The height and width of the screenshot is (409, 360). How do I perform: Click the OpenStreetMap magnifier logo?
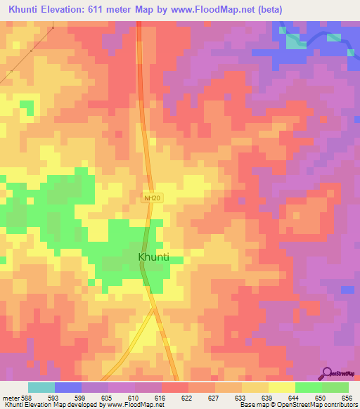click(x=328, y=372)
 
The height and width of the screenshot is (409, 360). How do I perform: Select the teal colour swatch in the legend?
click(x=41, y=387)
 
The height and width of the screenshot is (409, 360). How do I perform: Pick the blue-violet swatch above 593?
click(x=68, y=387)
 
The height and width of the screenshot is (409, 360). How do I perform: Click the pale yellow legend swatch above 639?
click(x=255, y=387)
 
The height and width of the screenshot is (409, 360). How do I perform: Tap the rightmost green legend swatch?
click(x=335, y=387)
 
